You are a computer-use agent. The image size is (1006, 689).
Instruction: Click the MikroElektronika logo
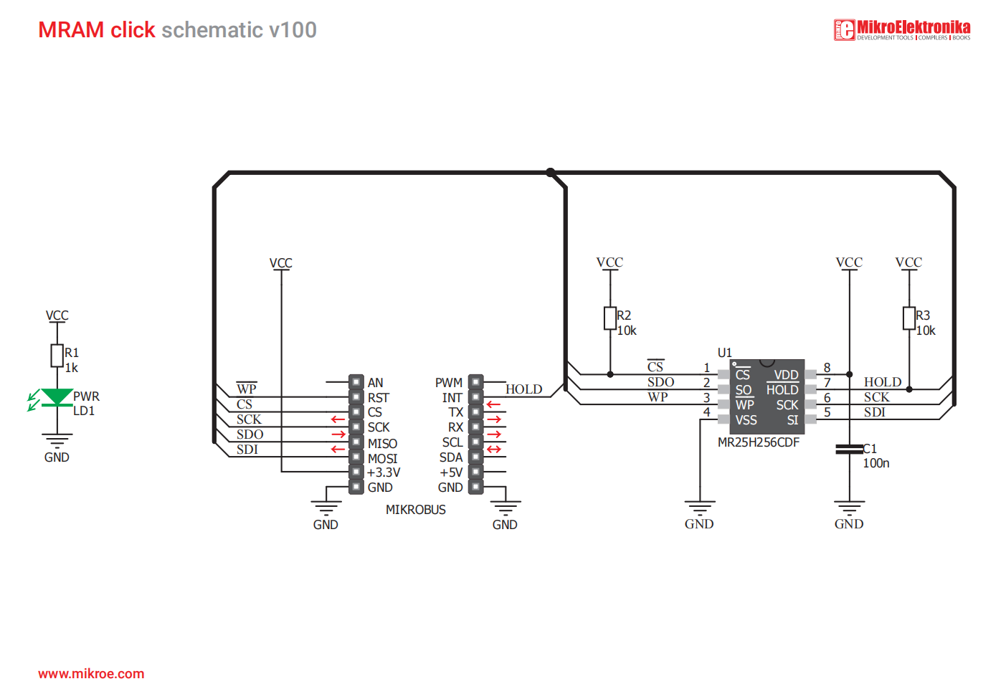pyautogui.click(x=902, y=30)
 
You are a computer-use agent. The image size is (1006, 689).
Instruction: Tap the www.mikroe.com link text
pyautogui.click(x=91, y=674)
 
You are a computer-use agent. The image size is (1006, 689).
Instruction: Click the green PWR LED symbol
pyautogui.click(x=57, y=397)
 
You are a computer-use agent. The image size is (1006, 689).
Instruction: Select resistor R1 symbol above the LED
pyautogui.click(x=57, y=356)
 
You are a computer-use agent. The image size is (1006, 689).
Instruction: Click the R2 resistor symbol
pyautogui.click(x=610, y=318)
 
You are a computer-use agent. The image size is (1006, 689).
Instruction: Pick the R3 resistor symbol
pyautogui.click(x=909, y=318)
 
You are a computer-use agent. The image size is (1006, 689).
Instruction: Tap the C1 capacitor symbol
pyautogui.click(x=850, y=450)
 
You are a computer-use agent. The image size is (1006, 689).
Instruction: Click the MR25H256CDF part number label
pyautogui.click(x=758, y=442)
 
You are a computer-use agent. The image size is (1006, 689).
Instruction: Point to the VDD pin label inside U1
pyautogui.click(x=786, y=375)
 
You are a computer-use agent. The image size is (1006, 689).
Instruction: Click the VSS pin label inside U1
pyautogui.click(x=746, y=420)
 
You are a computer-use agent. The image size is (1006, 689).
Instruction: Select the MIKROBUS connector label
pyautogui.click(x=415, y=510)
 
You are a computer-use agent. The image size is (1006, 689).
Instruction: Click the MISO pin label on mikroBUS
pyautogui.click(x=382, y=443)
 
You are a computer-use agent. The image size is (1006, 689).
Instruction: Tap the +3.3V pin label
pyautogui.click(x=384, y=472)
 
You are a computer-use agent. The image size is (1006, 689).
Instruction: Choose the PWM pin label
pyautogui.click(x=449, y=383)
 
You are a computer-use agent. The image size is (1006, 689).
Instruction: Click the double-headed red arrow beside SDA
pyautogui.click(x=494, y=450)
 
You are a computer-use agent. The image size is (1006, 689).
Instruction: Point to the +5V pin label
pyautogui.click(x=451, y=472)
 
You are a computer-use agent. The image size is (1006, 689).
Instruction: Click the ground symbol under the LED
pyautogui.click(x=57, y=439)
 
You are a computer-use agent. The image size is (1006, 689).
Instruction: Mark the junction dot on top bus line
pyautogui.click(x=550, y=172)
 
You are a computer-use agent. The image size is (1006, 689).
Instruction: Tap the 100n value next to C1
pyautogui.click(x=876, y=463)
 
